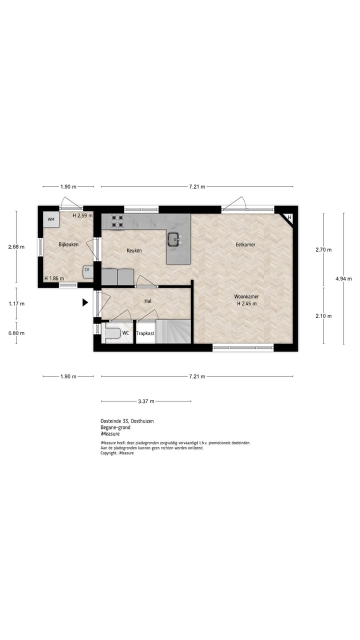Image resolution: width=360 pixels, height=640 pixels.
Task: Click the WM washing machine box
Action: click(50, 219)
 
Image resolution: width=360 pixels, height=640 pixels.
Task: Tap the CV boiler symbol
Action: click(87, 270)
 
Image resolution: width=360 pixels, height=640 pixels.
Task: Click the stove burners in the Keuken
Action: click(118, 221)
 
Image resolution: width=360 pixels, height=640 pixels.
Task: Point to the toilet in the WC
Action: click(112, 333)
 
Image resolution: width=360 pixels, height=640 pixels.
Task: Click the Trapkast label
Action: click(145, 333)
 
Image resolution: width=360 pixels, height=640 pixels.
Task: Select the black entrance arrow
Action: click(85, 302)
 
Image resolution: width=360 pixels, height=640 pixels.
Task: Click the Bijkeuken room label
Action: click(68, 244)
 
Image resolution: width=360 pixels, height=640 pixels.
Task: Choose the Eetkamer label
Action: click(245, 244)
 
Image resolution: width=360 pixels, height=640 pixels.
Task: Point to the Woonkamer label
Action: click(246, 296)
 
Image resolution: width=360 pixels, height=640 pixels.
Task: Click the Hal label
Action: click(147, 301)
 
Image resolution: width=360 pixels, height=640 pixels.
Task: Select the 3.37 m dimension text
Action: click(146, 401)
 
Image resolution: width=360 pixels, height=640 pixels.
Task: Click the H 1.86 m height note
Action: click(54, 278)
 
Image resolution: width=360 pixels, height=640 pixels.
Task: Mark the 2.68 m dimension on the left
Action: click(16, 246)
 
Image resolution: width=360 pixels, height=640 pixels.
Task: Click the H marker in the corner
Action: click(289, 217)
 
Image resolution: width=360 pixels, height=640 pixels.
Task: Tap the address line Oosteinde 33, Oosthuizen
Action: click(127, 421)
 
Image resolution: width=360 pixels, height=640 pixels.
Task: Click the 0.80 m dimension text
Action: click(16, 333)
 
